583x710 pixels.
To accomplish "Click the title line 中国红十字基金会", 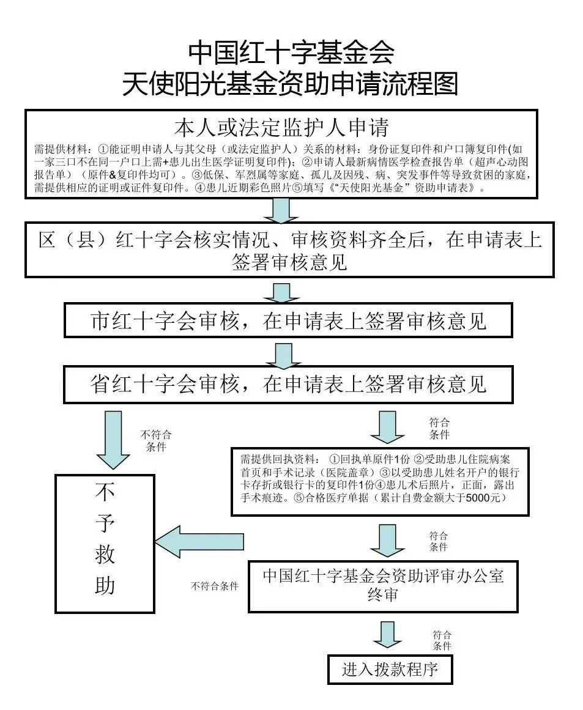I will coord(291,53).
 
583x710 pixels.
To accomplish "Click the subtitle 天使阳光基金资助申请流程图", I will coord(291,84).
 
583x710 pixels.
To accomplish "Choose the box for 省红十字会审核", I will coord(288,383).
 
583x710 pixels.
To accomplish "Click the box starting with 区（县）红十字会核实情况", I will coord(289,250).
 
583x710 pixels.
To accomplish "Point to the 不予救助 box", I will coord(105,543).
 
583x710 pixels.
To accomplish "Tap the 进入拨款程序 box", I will coord(390,668).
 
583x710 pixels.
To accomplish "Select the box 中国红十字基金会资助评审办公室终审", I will coord(384,585).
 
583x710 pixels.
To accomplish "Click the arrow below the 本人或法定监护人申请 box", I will coord(281,209).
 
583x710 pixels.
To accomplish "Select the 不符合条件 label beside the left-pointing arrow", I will coord(214,586).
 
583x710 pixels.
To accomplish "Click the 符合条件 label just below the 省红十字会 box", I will coord(439,429).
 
